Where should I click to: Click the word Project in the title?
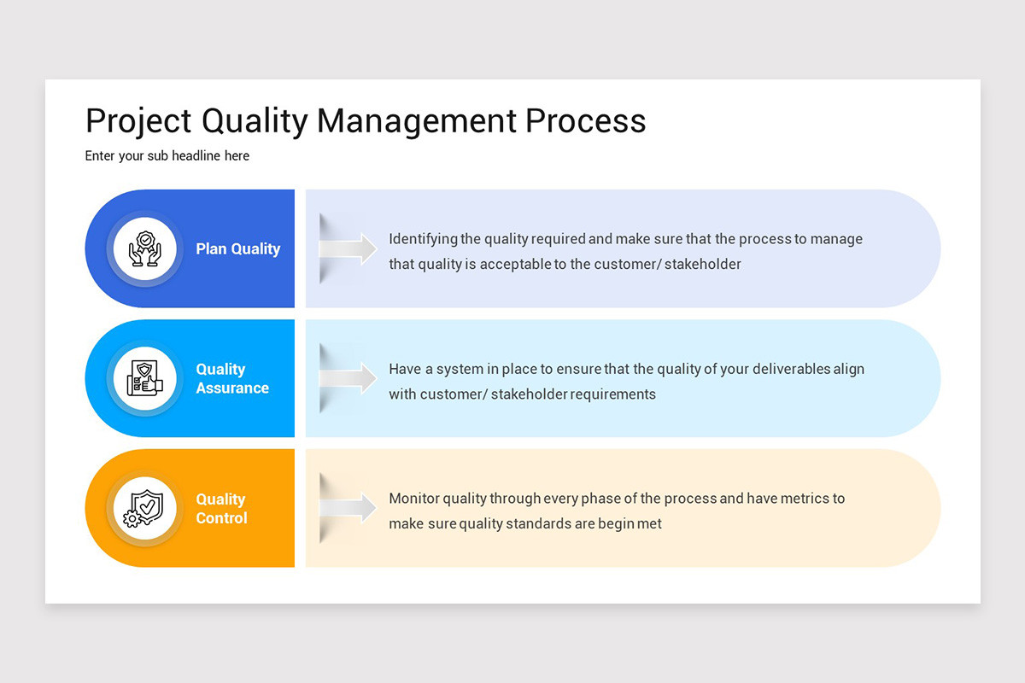(x=138, y=121)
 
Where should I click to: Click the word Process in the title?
(x=585, y=121)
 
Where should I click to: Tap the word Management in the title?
(x=416, y=121)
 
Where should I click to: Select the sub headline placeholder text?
(x=167, y=155)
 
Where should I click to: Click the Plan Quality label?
(x=237, y=248)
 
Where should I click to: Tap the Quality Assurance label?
(x=231, y=378)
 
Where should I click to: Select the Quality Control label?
(x=221, y=508)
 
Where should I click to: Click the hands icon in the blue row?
(x=144, y=248)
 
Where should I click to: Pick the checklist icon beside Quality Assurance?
(x=144, y=378)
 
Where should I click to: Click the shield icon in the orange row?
(x=144, y=508)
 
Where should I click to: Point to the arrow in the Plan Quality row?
(x=348, y=248)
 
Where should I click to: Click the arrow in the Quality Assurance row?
(x=348, y=378)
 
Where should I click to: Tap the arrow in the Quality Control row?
(x=348, y=508)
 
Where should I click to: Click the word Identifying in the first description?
(x=423, y=239)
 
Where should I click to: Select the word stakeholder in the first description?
(x=702, y=264)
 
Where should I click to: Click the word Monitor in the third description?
(x=414, y=498)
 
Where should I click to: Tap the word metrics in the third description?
(x=799, y=498)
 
